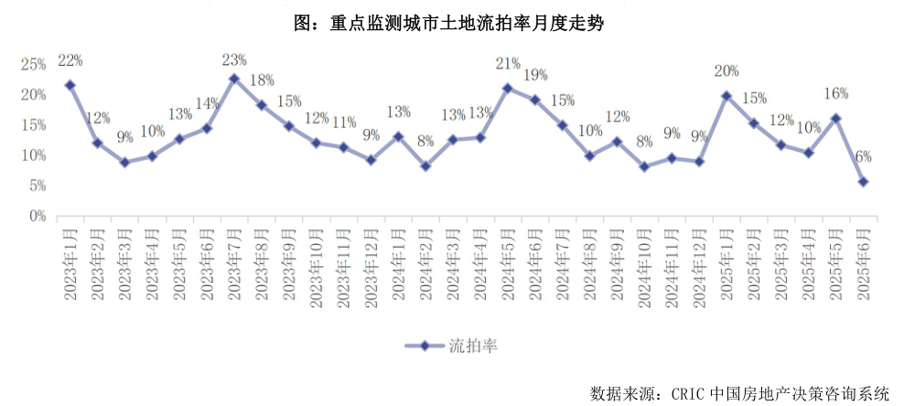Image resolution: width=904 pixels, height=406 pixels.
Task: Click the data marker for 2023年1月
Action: [x=70, y=85]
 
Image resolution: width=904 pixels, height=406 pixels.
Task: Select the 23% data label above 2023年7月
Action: [x=234, y=60]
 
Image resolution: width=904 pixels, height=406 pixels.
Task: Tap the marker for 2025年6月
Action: [x=863, y=181]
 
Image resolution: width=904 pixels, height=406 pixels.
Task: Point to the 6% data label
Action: [x=863, y=156]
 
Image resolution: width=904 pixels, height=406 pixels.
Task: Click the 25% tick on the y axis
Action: [x=34, y=64]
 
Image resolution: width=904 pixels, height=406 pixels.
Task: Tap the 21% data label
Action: [x=508, y=63]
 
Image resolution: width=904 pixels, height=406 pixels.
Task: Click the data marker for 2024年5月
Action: [x=508, y=88]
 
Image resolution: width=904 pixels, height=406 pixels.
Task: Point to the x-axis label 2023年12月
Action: [x=371, y=264]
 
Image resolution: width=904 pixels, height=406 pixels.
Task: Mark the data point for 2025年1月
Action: [x=726, y=95]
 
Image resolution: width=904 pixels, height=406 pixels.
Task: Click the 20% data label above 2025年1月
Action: [x=726, y=71]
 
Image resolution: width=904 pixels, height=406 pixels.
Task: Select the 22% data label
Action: [x=70, y=60]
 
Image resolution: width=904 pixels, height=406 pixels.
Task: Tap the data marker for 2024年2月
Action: [x=425, y=166]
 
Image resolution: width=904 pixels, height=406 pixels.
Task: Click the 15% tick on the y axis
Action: [x=34, y=125]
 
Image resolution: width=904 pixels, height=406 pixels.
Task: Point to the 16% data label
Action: [x=836, y=93]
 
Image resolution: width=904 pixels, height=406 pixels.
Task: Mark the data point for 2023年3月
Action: [x=124, y=162]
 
